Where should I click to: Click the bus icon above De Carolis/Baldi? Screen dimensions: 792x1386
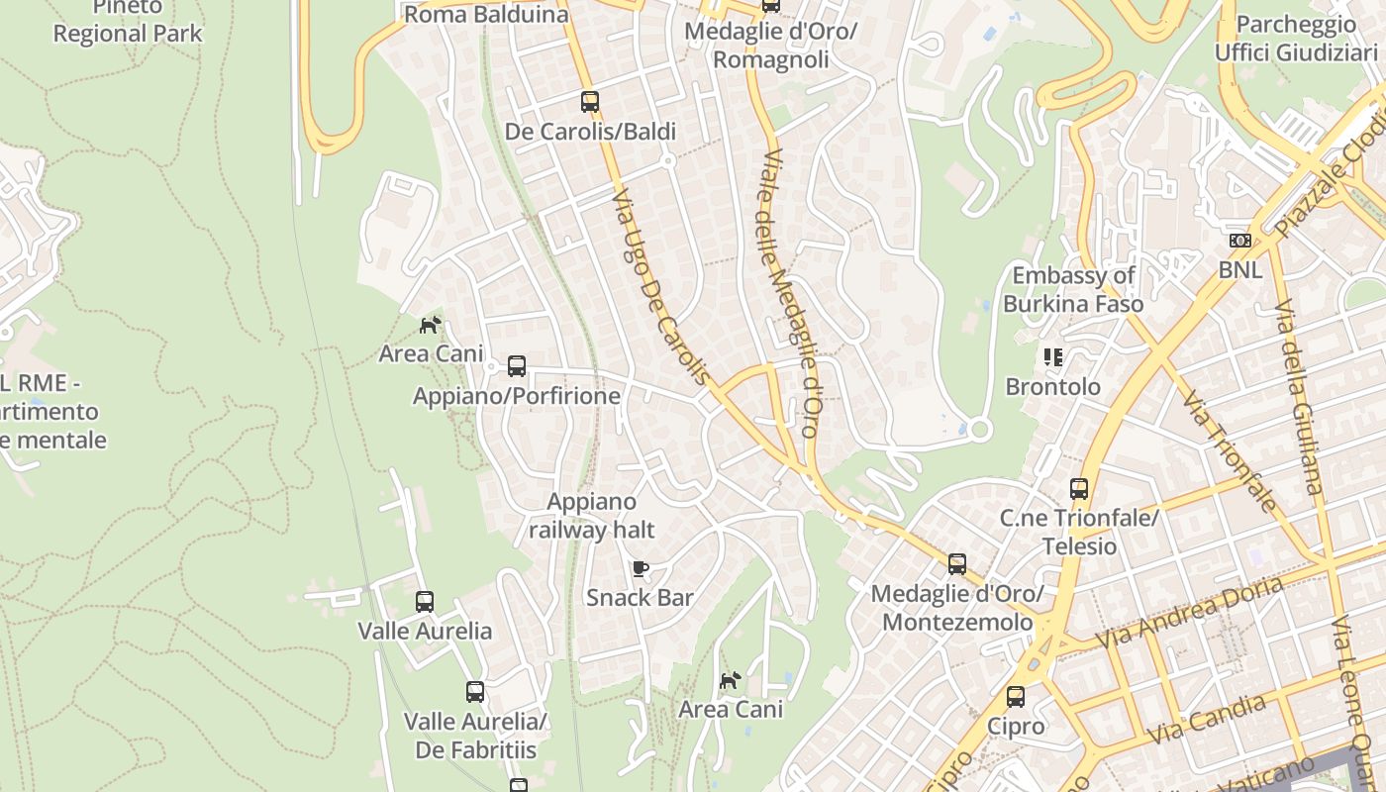[590, 101]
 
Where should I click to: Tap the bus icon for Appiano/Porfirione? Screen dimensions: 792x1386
[517, 366]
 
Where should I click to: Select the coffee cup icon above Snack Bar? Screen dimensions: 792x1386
[641, 568]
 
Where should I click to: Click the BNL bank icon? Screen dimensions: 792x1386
[1239, 241]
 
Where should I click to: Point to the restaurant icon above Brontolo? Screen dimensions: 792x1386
[1052, 356]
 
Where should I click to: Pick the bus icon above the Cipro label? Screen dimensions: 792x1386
[1016, 696]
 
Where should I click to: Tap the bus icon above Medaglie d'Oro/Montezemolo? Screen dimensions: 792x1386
[957, 564]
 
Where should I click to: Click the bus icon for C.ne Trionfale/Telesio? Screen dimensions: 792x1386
[1079, 488]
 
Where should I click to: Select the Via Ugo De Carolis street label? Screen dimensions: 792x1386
[661, 287]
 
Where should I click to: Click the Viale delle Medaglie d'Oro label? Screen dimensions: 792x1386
[789, 293]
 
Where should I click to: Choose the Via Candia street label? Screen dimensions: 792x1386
[1206, 720]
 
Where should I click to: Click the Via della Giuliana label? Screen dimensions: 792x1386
[1298, 396]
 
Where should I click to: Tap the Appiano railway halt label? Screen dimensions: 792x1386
[592, 516]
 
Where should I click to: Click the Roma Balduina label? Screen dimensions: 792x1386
[486, 14]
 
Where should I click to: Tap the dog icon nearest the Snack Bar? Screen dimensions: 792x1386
[731, 680]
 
